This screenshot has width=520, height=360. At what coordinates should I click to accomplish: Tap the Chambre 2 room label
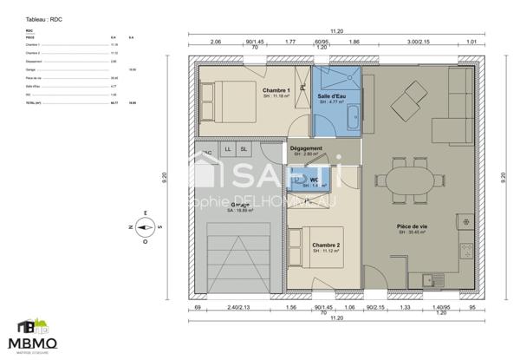point(326,245)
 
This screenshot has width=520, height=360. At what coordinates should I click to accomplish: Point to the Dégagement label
point(306,148)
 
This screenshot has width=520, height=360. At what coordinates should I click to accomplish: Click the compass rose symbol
point(145,228)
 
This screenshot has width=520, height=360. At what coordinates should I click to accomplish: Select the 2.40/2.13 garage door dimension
point(228,307)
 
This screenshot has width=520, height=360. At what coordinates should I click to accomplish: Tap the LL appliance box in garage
point(228,149)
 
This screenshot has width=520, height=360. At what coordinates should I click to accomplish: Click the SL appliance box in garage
point(244,149)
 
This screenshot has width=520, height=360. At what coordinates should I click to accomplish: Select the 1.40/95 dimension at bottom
point(440,307)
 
